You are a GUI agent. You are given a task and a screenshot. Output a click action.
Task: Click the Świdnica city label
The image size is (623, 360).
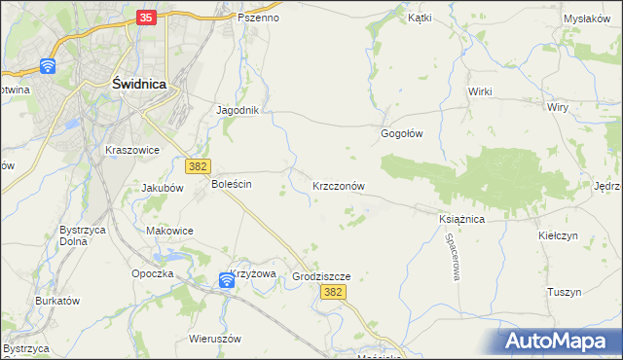coord(139,85)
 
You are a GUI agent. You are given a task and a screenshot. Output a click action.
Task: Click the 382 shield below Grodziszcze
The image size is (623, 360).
coord(334,293)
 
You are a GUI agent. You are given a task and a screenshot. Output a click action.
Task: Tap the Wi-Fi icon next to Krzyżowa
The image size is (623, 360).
coord(226,280)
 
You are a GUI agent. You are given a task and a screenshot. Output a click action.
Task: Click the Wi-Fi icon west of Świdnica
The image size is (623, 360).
coord(48,66)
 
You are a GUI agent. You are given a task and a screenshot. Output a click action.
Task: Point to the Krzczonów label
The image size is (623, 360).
coord(338,185)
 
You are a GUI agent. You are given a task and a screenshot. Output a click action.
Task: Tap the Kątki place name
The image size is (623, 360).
coord(420,18)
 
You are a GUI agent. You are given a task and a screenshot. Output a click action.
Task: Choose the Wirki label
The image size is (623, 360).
coord(480,91)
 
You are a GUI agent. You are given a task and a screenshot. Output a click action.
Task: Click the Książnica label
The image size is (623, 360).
coord(461,220)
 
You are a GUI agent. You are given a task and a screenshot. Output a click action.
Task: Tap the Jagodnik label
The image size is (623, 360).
coord(238,110)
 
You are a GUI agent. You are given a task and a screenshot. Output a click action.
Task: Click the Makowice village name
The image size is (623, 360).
coord(169,231)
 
